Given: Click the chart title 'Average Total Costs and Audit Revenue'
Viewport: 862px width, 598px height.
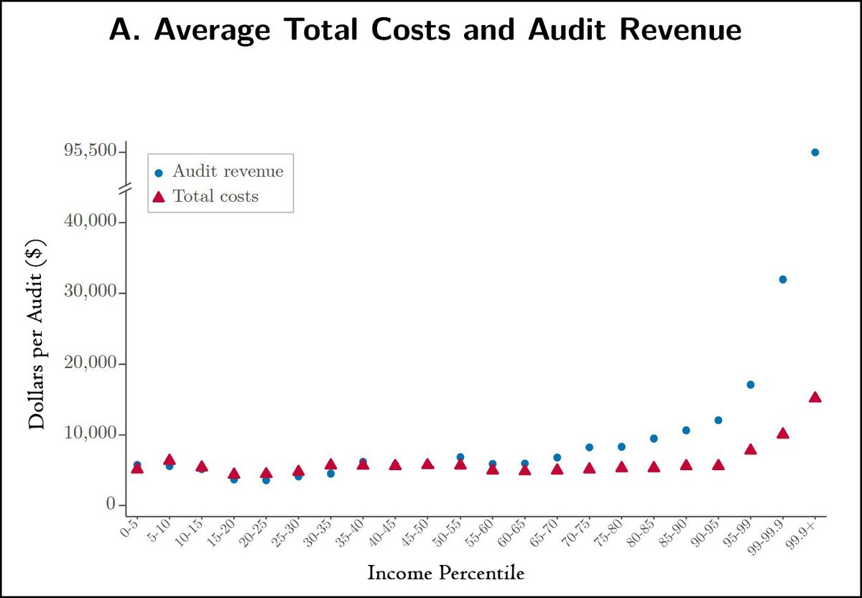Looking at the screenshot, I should [x=425, y=31].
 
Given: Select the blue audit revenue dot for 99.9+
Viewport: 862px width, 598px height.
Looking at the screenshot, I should [x=815, y=152].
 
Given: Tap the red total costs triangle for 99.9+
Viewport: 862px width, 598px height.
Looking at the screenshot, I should [x=815, y=397].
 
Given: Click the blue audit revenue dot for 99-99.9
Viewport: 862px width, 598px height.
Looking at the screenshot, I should [x=783, y=280].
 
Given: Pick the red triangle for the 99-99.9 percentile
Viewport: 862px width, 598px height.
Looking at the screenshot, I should [x=783, y=433].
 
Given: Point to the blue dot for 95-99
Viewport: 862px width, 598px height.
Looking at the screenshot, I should [x=751, y=385].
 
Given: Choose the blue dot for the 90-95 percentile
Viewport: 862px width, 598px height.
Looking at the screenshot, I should [x=718, y=420].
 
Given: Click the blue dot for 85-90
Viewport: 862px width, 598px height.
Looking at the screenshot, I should [x=686, y=430].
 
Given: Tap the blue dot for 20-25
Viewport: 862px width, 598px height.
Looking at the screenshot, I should [x=266, y=480].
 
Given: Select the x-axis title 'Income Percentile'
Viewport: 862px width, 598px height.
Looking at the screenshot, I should [x=445, y=574].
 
